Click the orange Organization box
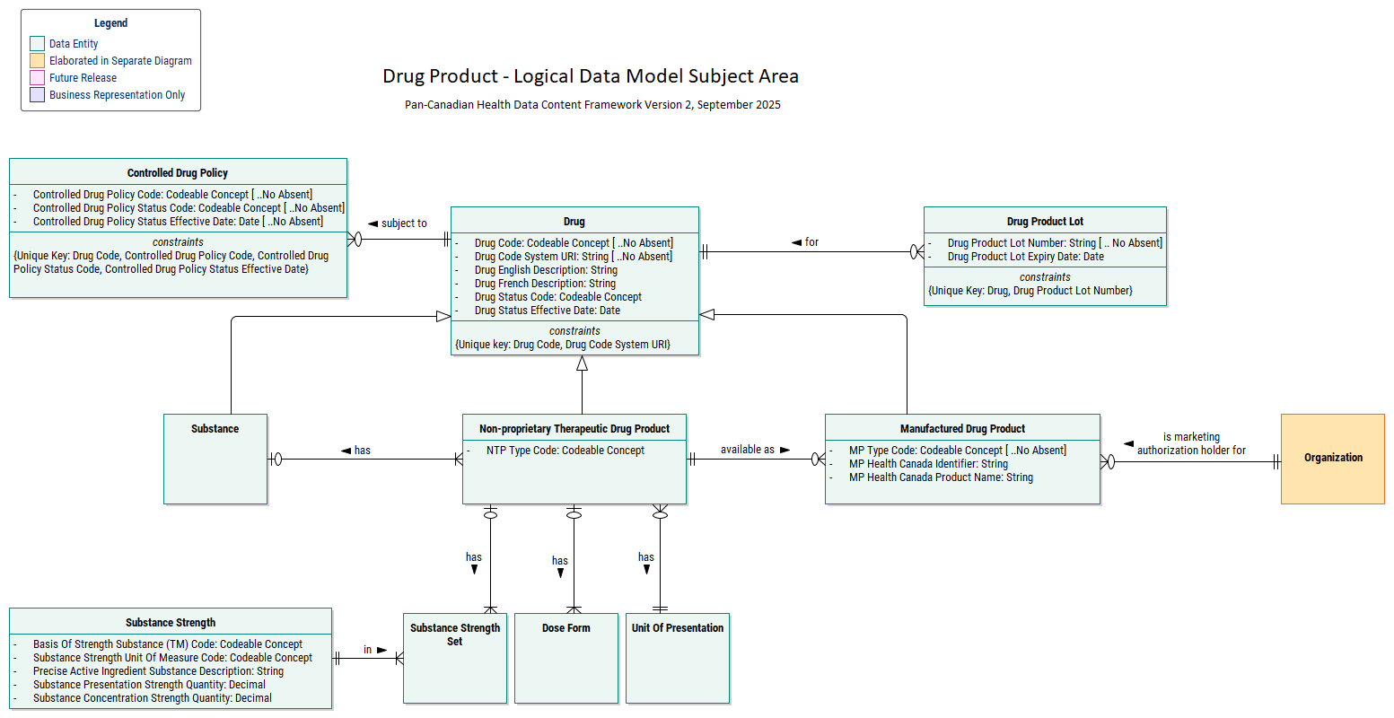click(1332, 459)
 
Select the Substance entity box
click(215, 459)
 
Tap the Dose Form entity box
click(565, 657)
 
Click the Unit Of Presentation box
click(677, 657)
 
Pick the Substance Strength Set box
click(455, 657)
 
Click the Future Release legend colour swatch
click(37, 78)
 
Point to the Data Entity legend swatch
click(37, 43)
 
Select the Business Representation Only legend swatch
click(37, 95)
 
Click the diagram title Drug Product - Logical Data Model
click(590, 76)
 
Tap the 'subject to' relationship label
click(404, 223)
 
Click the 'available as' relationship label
click(748, 450)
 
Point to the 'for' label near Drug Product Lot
click(811, 242)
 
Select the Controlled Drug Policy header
click(178, 173)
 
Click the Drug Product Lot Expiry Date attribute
click(1025, 257)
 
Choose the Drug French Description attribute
click(545, 284)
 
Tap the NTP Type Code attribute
click(565, 451)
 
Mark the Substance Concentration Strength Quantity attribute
click(152, 698)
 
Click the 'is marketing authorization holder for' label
click(1191, 443)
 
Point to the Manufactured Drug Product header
click(962, 429)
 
